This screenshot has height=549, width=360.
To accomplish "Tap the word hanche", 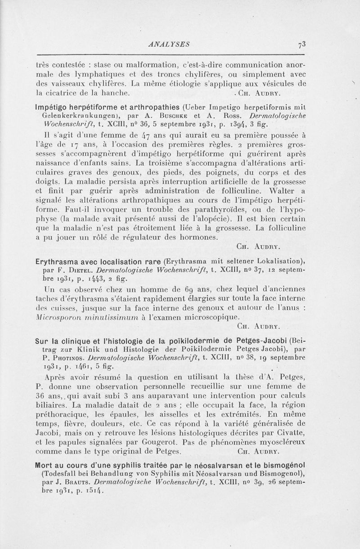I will [x=117, y=93].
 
